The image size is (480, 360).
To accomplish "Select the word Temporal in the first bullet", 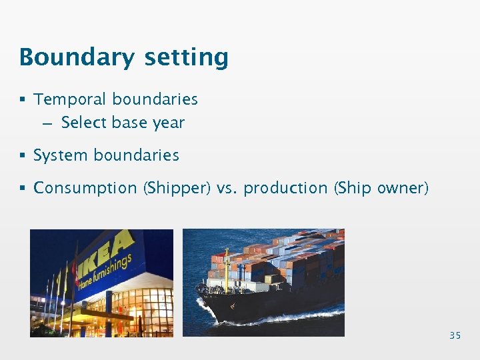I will (x=70, y=99).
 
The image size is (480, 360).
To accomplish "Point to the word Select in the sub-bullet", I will (x=84, y=123).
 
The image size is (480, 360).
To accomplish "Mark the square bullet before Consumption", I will (x=23, y=188).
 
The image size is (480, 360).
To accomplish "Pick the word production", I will (x=286, y=188).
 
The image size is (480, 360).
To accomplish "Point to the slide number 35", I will (x=455, y=335).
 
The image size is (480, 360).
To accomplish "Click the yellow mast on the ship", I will (x=226, y=270).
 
